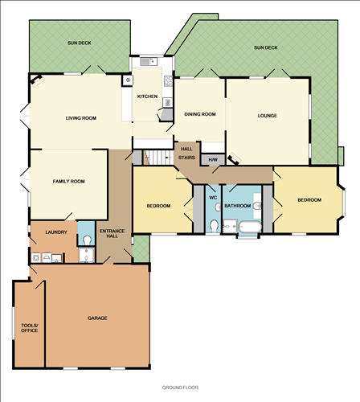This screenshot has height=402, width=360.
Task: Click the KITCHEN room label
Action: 147,96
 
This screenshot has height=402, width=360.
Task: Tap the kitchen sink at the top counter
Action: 147,62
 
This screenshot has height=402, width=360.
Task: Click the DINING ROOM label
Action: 199,114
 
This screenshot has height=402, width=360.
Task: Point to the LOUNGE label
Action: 268,115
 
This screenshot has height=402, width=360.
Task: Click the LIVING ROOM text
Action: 80,118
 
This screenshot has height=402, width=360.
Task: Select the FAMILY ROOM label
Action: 69,181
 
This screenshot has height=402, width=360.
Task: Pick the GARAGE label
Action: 97,318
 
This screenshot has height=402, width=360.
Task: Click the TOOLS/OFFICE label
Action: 29,328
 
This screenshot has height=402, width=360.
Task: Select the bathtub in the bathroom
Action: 247,230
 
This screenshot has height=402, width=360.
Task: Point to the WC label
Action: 213,197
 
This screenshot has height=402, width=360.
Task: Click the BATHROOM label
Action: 238,206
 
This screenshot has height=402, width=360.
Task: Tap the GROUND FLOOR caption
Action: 180,387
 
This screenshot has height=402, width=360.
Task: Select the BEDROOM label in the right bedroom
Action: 309,199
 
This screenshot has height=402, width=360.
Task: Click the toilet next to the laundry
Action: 87,240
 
